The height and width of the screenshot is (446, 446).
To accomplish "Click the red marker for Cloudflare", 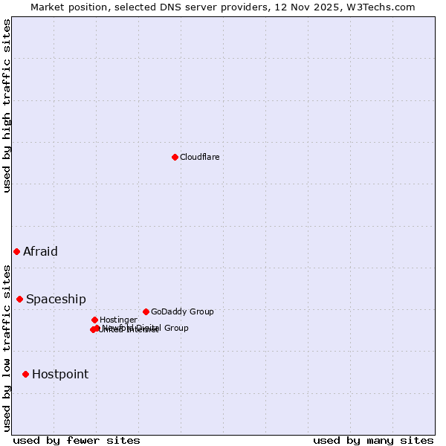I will tap(175, 157).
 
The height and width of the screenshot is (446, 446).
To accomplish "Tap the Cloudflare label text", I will tap(199, 157).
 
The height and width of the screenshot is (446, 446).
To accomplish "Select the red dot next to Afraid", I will tap(16, 251).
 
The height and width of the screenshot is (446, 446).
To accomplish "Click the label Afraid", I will tap(40, 251).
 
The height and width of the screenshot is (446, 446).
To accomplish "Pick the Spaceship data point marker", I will tap(19, 299).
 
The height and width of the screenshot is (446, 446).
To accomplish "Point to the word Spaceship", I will tap(56, 299).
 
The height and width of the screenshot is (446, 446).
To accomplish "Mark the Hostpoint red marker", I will tap(25, 374).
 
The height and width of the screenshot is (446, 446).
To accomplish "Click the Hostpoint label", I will tap(59, 374).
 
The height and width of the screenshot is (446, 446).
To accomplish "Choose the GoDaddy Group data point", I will tap(146, 311).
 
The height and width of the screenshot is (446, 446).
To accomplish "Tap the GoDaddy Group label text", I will tap(182, 311).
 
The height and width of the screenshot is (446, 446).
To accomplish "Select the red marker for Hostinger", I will tap(94, 320).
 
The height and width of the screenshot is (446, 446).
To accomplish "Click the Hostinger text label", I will tap(118, 320).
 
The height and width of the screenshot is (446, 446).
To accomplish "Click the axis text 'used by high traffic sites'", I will tap(7, 106).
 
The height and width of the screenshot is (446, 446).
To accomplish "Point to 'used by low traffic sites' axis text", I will tap(7, 347).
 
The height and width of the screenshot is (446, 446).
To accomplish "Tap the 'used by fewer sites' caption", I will tap(77, 440).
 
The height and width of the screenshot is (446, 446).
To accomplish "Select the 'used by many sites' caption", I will tap(373, 440).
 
